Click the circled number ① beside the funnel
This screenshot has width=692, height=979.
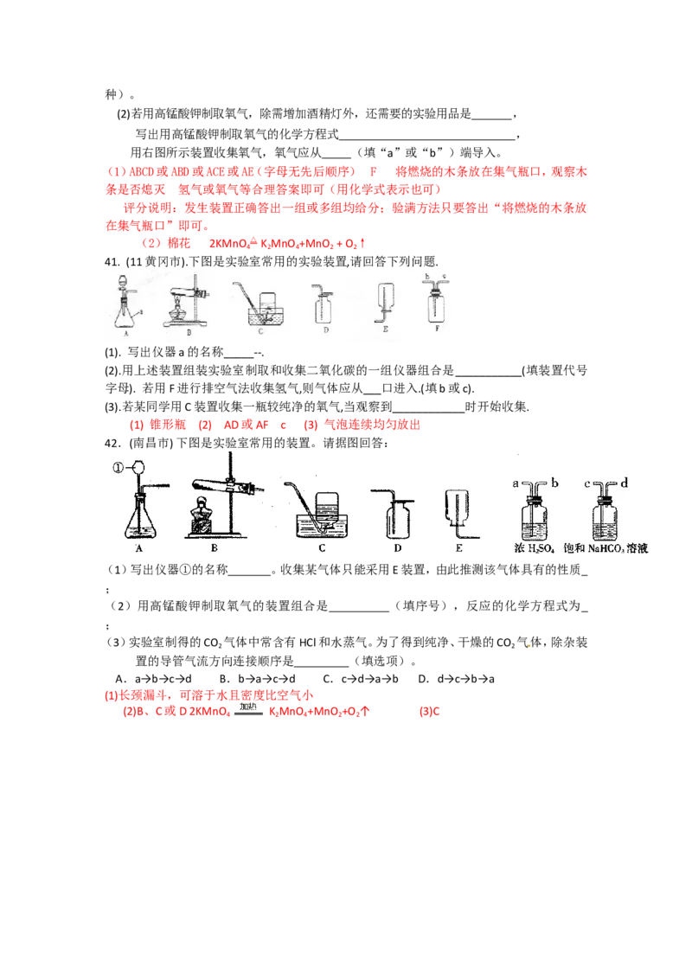(x=119, y=469)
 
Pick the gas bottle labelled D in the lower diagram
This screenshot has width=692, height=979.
(x=395, y=517)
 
